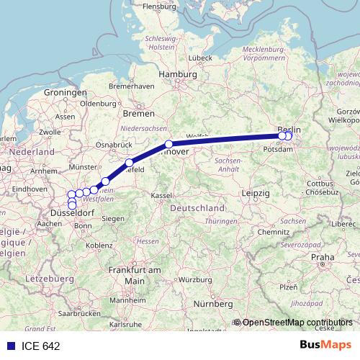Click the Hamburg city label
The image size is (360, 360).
click(x=178, y=74)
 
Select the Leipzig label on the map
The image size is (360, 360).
click(x=256, y=194)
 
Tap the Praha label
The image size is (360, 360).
click(x=323, y=256)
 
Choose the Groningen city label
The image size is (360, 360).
click(x=65, y=93)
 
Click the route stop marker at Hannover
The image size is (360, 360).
click(x=168, y=144)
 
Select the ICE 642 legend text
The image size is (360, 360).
click(x=41, y=346)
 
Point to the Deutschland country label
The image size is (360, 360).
click(x=197, y=207)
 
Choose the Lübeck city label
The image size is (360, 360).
click(x=197, y=57)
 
